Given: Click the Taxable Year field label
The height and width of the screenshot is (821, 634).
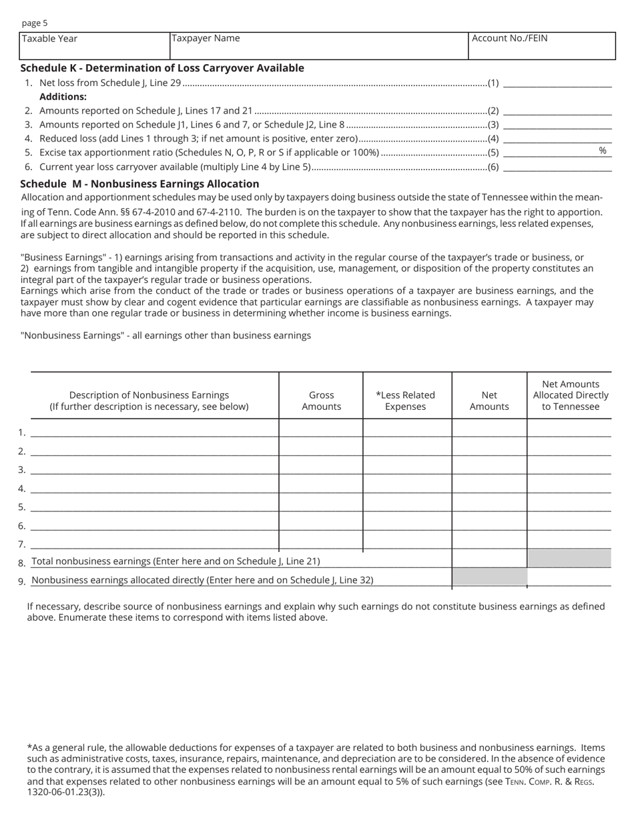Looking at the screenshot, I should (49, 39).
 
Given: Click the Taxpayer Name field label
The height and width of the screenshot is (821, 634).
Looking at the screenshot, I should (206, 38).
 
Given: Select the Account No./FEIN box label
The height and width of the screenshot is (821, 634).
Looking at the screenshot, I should (509, 38).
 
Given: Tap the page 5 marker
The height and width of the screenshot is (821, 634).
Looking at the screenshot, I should (35, 23).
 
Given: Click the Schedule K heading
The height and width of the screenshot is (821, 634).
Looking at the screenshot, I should (162, 68).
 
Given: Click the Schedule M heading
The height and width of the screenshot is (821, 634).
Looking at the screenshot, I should (139, 184).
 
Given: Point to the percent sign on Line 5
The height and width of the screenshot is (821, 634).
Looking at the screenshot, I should (603, 151).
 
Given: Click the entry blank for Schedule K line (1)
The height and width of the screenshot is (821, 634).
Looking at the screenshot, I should (557, 83).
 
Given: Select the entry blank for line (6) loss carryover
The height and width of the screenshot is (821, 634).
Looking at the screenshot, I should (557, 167).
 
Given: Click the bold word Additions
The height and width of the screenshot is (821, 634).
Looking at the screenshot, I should (63, 97).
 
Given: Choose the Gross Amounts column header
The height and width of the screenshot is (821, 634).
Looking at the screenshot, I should (321, 400).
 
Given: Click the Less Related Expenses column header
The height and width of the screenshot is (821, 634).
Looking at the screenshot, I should (405, 400).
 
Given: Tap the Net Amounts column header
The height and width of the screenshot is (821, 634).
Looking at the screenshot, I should (489, 400).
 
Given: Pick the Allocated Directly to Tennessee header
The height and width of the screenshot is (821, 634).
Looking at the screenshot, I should (571, 395).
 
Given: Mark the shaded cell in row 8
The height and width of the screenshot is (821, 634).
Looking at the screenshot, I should (569, 559).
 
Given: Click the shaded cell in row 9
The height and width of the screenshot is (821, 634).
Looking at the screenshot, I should (489, 577).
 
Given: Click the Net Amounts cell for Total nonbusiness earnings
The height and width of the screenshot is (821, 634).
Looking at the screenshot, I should (489, 559).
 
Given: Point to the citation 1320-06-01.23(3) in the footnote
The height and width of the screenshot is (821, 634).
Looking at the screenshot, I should (65, 792).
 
